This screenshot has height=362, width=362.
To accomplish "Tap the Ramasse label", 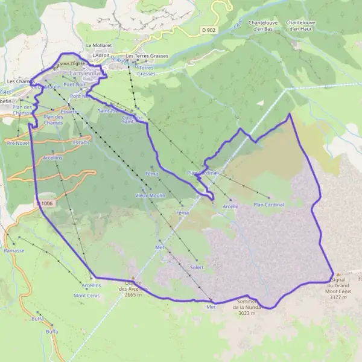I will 13,250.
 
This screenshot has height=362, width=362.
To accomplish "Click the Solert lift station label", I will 197,267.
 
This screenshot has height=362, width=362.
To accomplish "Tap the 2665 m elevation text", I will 133,295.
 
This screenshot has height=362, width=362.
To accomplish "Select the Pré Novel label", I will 17,144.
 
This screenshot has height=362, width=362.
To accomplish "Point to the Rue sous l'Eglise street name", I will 67,66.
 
